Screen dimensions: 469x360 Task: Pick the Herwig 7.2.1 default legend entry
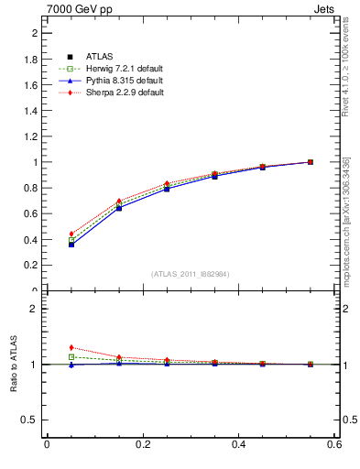118,70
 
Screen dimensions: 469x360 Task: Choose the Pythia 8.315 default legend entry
118,82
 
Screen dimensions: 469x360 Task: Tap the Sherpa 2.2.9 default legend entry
118,93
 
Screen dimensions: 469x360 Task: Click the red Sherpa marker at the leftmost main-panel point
71,234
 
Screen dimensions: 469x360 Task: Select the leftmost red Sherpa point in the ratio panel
71,347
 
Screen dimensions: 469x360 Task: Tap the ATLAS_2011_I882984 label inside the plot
191,274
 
